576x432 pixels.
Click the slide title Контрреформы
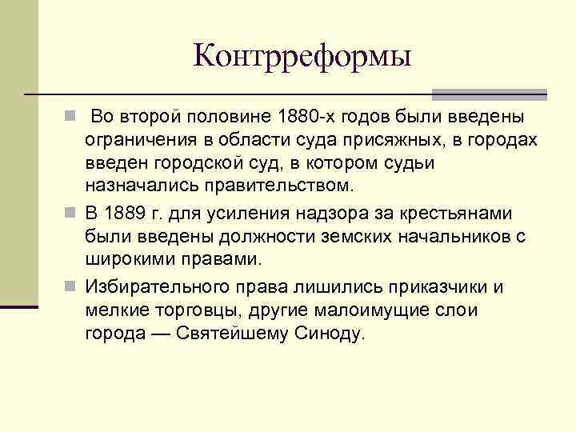coord(302,56)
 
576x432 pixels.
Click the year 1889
coord(131,214)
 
